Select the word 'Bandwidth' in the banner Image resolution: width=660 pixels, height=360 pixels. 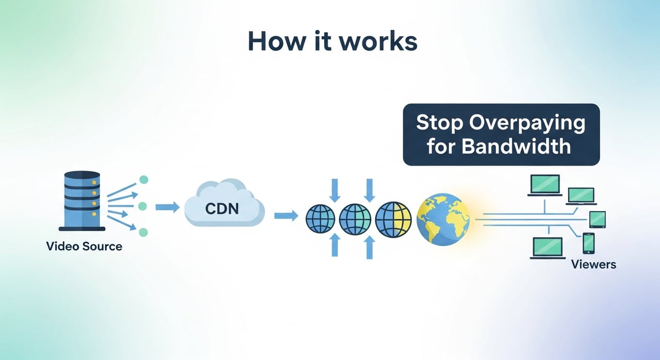click(x=516, y=146)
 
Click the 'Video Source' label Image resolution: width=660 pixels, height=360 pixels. click(x=84, y=246)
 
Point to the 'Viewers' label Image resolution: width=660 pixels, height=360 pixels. click(x=593, y=265)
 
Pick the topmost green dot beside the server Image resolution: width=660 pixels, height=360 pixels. click(x=144, y=179)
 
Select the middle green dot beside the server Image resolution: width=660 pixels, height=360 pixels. click(x=143, y=206)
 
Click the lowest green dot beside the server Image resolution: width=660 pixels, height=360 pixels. click(x=143, y=232)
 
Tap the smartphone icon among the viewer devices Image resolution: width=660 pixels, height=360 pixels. click(x=588, y=242)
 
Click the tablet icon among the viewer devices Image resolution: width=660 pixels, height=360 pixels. click(x=598, y=219)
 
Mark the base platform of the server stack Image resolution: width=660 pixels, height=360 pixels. click(x=82, y=228)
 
